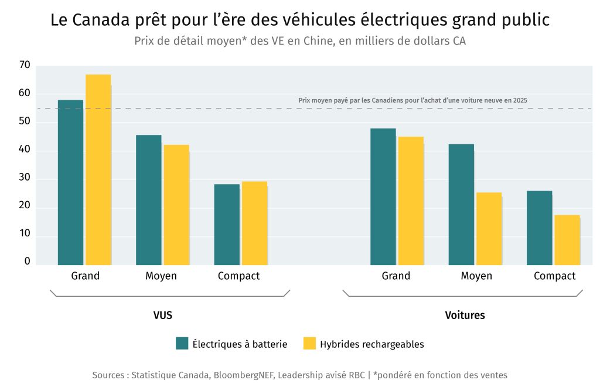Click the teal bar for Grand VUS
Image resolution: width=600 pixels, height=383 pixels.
(x=70, y=182)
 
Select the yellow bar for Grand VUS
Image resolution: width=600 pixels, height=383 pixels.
(x=98, y=170)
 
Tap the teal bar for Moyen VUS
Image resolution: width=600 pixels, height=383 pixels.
(x=148, y=200)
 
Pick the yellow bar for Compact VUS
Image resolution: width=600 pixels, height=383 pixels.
(x=254, y=223)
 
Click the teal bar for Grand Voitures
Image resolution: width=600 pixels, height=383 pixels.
(x=383, y=196)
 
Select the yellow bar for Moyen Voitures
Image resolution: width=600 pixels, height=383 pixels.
(x=489, y=229)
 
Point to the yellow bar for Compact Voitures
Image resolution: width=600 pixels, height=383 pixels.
(x=567, y=240)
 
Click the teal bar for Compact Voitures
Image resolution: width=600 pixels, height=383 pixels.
(x=539, y=228)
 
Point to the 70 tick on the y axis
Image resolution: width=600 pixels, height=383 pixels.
(x=24, y=65)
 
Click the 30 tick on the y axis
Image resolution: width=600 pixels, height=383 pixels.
(x=24, y=179)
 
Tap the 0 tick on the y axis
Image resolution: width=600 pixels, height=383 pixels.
(x=27, y=262)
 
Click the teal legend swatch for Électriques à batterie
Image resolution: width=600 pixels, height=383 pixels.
(x=182, y=344)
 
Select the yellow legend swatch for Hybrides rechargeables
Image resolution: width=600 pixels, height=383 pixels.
(x=309, y=344)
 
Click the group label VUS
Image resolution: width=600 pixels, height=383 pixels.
(x=162, y=315)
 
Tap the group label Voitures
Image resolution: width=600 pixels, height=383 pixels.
(x=465, y=315)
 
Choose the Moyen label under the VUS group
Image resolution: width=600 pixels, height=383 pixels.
(x=161, y=276)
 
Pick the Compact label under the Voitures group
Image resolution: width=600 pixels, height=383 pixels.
(x=554, y=276)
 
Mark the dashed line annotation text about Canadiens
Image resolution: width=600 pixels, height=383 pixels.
(x=412, y=100)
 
